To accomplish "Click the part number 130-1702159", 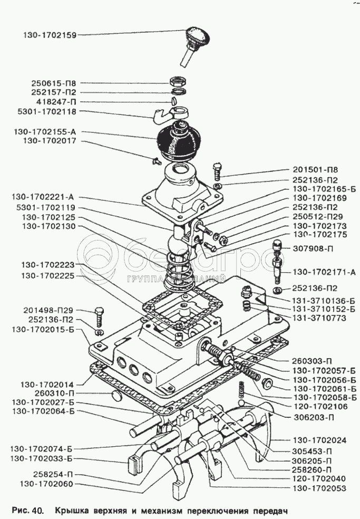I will [50, 35].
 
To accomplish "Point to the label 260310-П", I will [56, 393].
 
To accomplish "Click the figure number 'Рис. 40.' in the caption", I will [25, 511].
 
